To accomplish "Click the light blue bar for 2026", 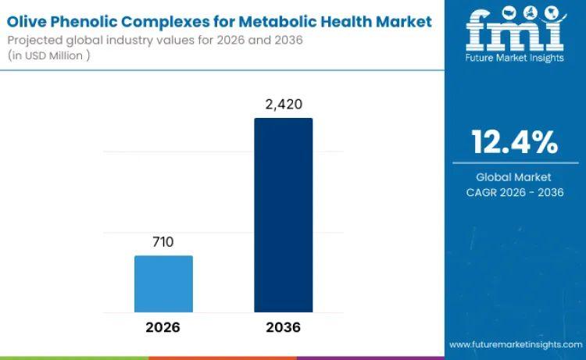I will (163, 283).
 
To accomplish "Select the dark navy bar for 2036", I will (283, 215).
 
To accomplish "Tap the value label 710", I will (163, 242).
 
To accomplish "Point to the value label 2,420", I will (283, 104).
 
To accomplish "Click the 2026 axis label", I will (163, 327).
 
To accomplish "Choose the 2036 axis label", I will (283, 327).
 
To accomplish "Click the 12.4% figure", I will (514, 142).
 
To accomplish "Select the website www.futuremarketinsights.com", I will (515, 344).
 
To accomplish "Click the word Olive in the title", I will (30, 21).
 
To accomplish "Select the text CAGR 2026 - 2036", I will (514, 192).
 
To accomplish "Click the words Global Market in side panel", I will (514, 177).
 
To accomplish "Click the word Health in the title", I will (370, 21).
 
